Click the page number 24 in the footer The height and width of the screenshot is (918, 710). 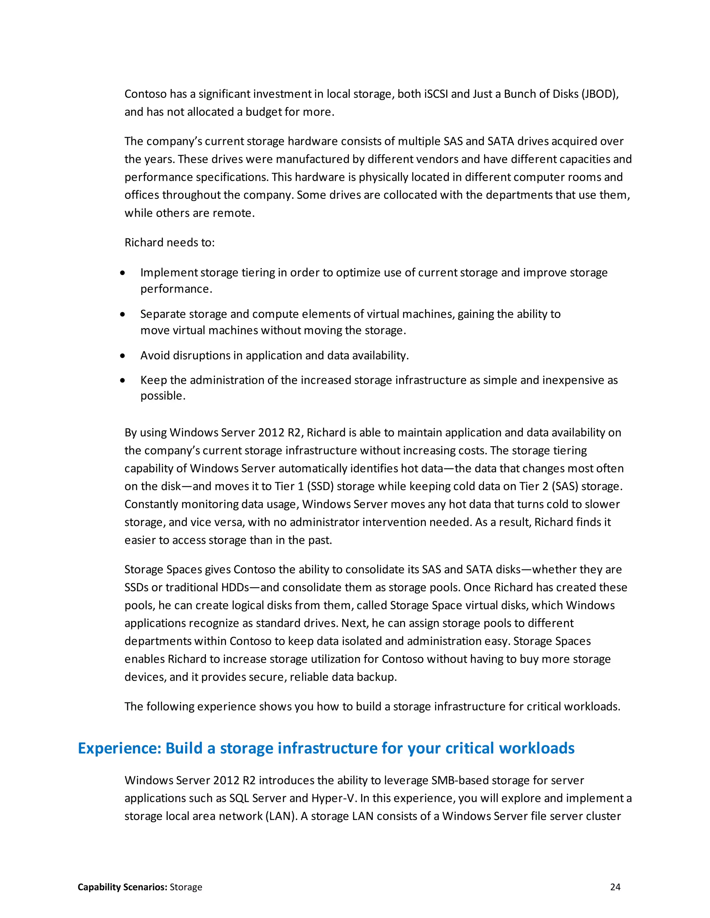(615, 887)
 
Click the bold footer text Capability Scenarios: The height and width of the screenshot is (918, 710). (122, 887)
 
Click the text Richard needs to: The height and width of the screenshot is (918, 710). (170, 242)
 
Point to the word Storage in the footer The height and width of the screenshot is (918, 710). (186, 887)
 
